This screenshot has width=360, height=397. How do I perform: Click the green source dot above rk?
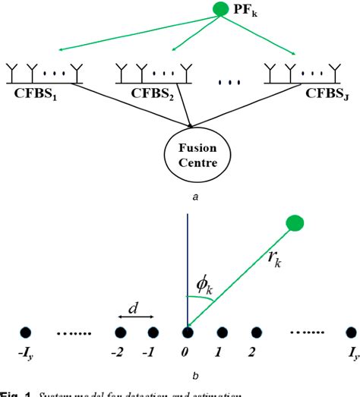tap(295, 223)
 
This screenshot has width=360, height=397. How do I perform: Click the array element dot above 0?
tap(188, 332)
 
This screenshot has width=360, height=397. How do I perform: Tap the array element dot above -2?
tap(119, 332)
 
